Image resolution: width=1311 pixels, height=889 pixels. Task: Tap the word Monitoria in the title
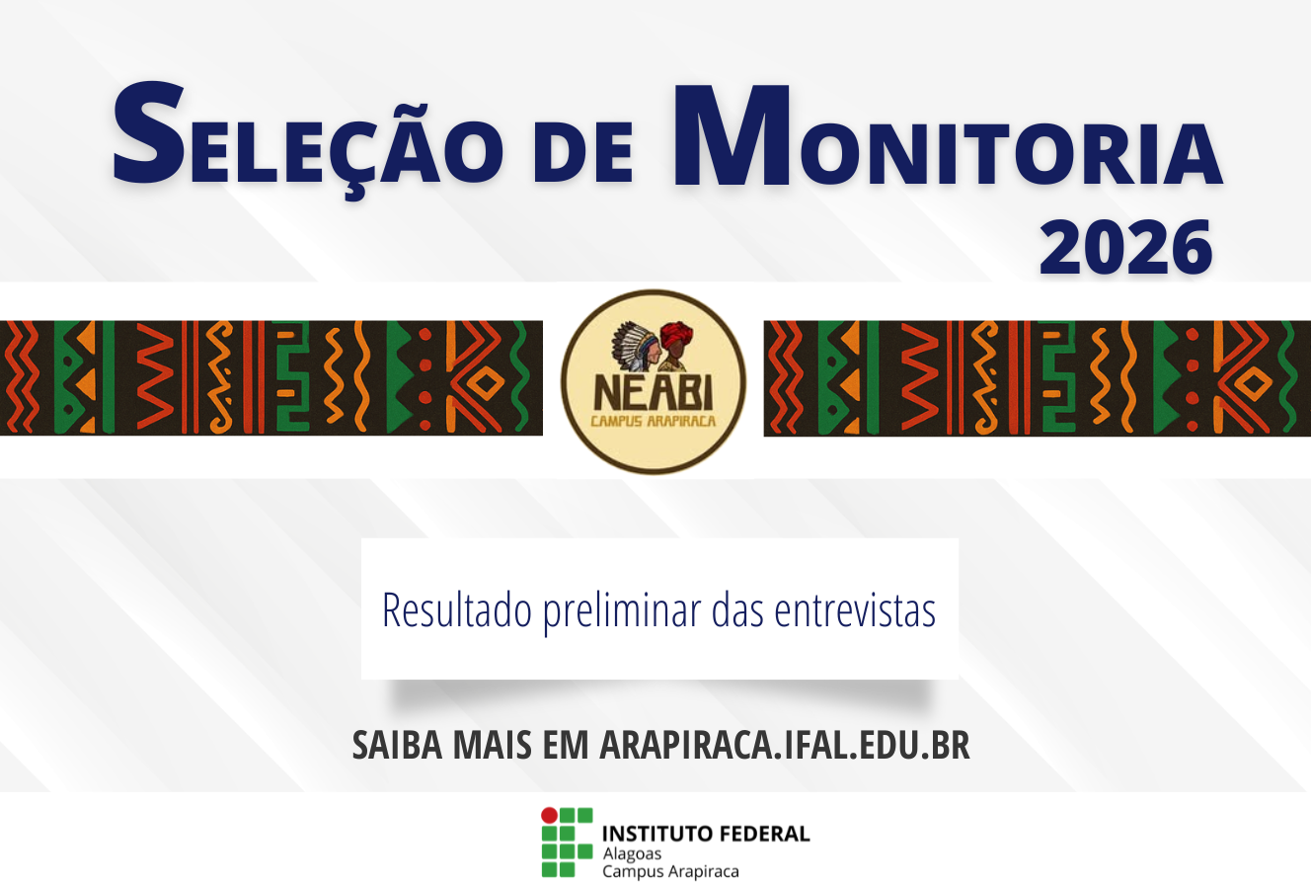click(948, 136)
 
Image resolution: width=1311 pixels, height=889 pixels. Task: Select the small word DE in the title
click(582, 153)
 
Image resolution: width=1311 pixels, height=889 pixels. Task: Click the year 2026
click(1124, 247)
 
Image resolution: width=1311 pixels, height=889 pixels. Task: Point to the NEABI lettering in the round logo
click(654, 392)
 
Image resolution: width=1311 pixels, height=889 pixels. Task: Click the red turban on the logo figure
click(676, 335)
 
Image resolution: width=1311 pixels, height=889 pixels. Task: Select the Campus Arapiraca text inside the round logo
click(654, 421)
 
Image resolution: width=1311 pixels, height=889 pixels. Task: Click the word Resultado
click(456, 610)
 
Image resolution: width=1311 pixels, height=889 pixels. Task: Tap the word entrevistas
click(855, 610)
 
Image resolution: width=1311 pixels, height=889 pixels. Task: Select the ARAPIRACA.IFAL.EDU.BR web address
click(785, 745)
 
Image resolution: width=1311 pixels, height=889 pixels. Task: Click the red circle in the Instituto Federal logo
click(549, 815)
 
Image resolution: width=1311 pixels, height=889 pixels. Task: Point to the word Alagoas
click(632, 853)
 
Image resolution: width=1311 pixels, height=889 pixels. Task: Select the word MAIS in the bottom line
click(492, 745)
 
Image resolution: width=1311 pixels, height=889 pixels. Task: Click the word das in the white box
click(738, 610)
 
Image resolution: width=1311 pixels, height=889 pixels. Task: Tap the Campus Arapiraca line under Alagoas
click(670, 871)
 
